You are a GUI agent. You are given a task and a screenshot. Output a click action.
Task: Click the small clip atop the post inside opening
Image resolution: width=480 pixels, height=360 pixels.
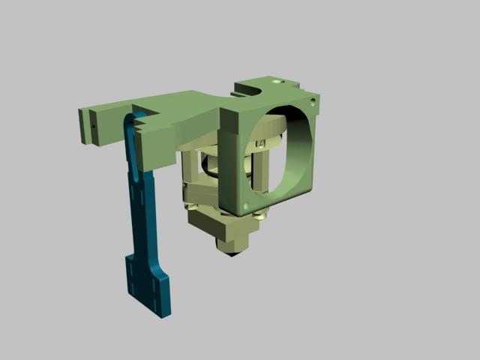click(x=262, y=143)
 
